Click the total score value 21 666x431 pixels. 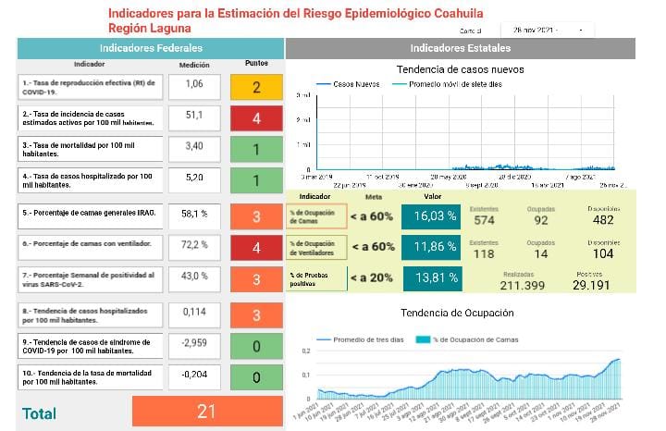(206, 413)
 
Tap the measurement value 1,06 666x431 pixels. (194, 86)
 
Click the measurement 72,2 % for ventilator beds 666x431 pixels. (194, 248)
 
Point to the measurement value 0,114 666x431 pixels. (194, 312)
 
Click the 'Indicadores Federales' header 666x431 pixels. (150, 48)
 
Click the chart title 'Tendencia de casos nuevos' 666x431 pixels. (460, 69)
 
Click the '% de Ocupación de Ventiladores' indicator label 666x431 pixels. (316, 247)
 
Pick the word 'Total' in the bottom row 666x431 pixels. (40, 413)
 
